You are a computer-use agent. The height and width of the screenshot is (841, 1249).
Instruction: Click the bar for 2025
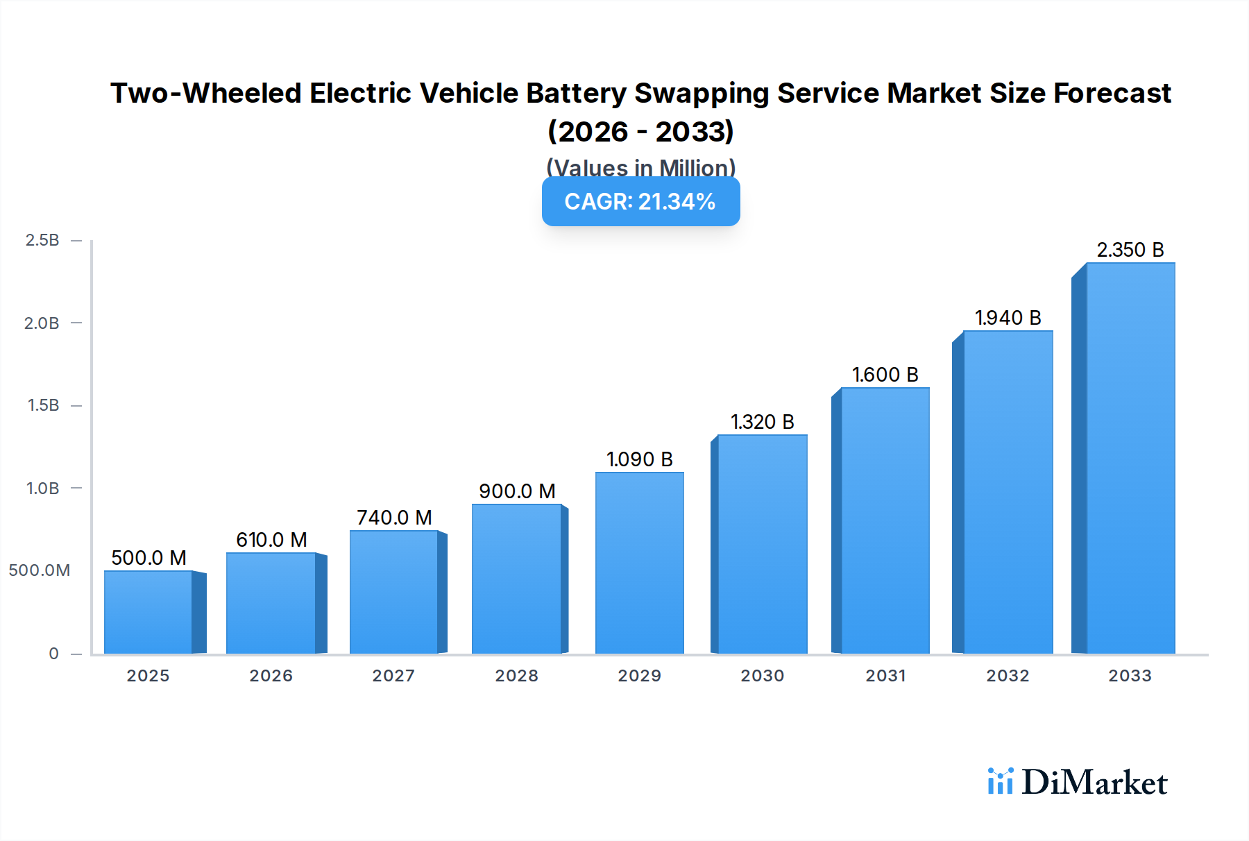click(x=148, y=612)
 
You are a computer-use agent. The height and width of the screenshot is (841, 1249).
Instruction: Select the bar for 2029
click(x=639, y=563)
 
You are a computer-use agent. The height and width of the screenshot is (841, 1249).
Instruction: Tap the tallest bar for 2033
click(x=1130, y=458)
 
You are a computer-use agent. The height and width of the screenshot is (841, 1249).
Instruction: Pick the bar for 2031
click(x=885, y=520)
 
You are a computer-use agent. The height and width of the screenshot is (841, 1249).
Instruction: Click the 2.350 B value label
click(x=1130, y=250)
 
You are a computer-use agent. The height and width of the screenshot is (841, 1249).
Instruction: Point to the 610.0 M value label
click(x=271, y=540)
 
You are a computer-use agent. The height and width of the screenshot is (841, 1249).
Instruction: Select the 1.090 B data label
click(x=639, y=459)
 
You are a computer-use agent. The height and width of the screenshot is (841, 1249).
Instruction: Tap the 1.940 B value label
click(x=1008, y=318)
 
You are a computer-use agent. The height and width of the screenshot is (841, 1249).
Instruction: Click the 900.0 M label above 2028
click(x=517, y=491)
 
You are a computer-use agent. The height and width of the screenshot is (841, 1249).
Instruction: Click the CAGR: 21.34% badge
click(x=640, y=201)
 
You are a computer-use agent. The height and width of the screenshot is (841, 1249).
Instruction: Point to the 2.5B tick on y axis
click(x=42, y=240)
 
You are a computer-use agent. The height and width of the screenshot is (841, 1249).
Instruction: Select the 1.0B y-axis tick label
click(x=42, y=489)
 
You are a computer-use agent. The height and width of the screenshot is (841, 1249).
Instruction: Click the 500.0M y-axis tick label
click(x=40, y=570)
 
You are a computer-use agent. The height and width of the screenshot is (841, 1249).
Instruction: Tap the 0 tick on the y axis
click(x=54, y=654)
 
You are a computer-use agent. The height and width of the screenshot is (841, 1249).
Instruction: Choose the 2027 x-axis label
click(x=393, y=676)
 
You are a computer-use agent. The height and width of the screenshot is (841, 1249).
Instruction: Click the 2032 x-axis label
click(x=1008, y=676)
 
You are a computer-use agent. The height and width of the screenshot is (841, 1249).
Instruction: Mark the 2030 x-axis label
click(x=762, y=676)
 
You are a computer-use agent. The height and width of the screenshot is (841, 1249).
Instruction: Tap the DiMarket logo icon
click(x=1000, y=782)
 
